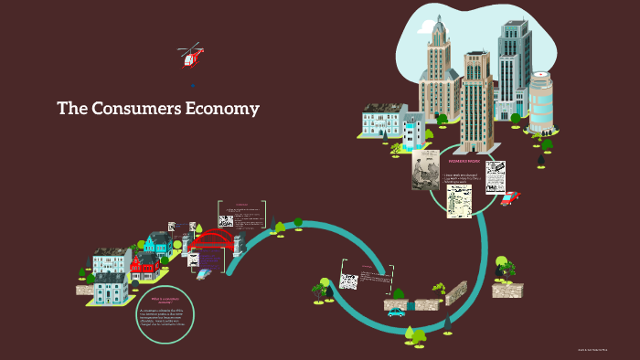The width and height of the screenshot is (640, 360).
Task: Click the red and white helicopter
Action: (x=190, y=56)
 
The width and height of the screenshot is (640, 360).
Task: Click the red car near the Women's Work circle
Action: (x=509, y=198)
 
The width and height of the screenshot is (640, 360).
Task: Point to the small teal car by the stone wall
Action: (x=396, y=312)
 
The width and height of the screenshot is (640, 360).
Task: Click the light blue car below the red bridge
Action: (x=203, y=273)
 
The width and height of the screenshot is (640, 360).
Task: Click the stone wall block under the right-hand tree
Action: (x=507, y=290)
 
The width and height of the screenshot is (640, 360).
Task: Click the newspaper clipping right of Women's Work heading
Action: (x=496, y=175)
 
